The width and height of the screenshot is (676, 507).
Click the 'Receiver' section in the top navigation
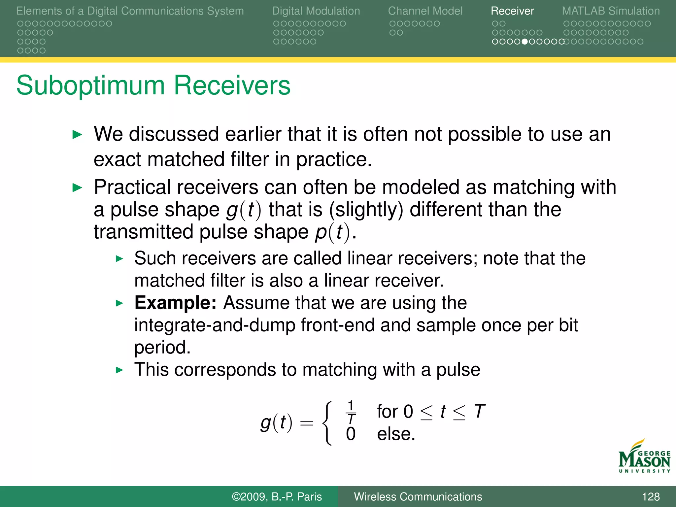click(512, 11)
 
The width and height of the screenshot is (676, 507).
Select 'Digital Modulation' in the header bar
click(316, 11)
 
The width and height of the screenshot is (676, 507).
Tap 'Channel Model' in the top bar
click(425, 11)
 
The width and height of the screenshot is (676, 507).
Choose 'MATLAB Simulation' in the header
click(611, 11)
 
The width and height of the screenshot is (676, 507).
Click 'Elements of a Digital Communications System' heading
click(130, 11)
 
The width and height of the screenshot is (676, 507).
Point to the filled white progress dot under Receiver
click(524, 42)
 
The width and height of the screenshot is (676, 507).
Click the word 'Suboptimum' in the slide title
click(90, 85)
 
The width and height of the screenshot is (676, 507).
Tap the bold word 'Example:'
click(175, 302)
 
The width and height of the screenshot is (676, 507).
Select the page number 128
click(651, 496)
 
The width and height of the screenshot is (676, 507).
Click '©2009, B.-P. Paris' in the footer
click(277, 496)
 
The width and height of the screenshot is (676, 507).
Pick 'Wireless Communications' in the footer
click(418, 496)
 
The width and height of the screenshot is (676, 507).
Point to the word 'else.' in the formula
click(396, 434)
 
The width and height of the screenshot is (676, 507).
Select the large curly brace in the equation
click(326, 423)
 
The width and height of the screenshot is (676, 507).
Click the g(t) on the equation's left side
click(276, 423)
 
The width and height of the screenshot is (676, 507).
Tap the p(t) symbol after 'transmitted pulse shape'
click(332, 232)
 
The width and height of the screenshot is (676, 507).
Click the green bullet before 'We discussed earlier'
click(77, 135)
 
